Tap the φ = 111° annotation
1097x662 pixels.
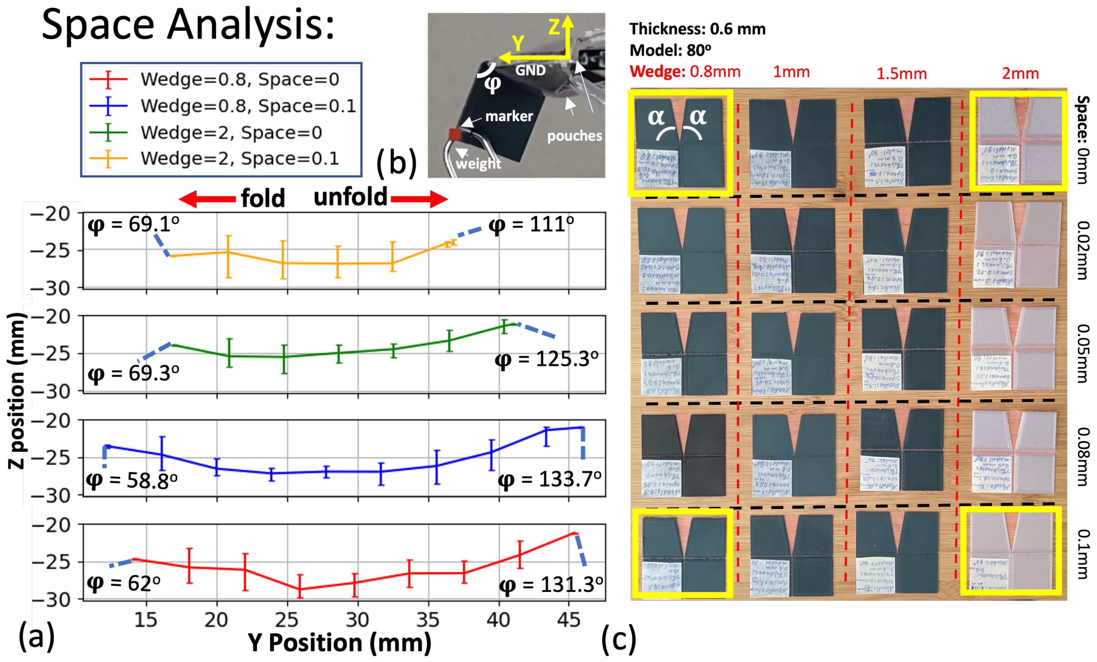531,224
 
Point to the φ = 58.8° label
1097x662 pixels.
132,480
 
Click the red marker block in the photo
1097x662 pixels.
455,133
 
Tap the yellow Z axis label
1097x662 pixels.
554,27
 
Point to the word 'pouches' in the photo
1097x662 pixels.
574,136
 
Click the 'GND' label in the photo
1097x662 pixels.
530,70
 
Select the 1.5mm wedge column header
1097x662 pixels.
902,74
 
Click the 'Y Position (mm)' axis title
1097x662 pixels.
339,642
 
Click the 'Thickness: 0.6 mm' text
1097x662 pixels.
697,29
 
